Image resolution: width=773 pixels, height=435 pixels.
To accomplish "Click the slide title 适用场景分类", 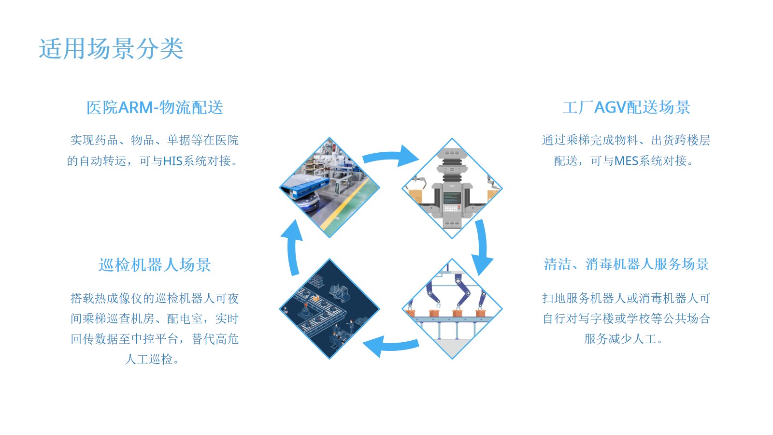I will (x=111, y=49).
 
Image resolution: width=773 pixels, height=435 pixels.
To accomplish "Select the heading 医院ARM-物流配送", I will (x=155, y=107).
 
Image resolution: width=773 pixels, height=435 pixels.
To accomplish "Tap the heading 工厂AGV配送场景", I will (x=626, y=107).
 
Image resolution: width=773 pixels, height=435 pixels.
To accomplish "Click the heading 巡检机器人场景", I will (x=155, y=265).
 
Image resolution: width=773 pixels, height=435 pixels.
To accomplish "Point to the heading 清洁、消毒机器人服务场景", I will (x=626, y=264).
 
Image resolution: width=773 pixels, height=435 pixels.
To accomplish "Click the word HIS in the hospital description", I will (x=172, y=161).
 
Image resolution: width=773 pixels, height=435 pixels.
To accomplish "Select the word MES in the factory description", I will (x=626, y=161).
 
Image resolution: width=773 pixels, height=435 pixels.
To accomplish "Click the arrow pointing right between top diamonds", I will (x=391, y=156).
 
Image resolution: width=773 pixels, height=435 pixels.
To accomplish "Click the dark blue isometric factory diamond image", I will (x=329, y=309).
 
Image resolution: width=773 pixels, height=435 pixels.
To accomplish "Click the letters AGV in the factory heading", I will (x=610, y=107).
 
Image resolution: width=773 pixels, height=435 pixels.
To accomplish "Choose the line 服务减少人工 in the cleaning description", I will (x=623, y=339).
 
